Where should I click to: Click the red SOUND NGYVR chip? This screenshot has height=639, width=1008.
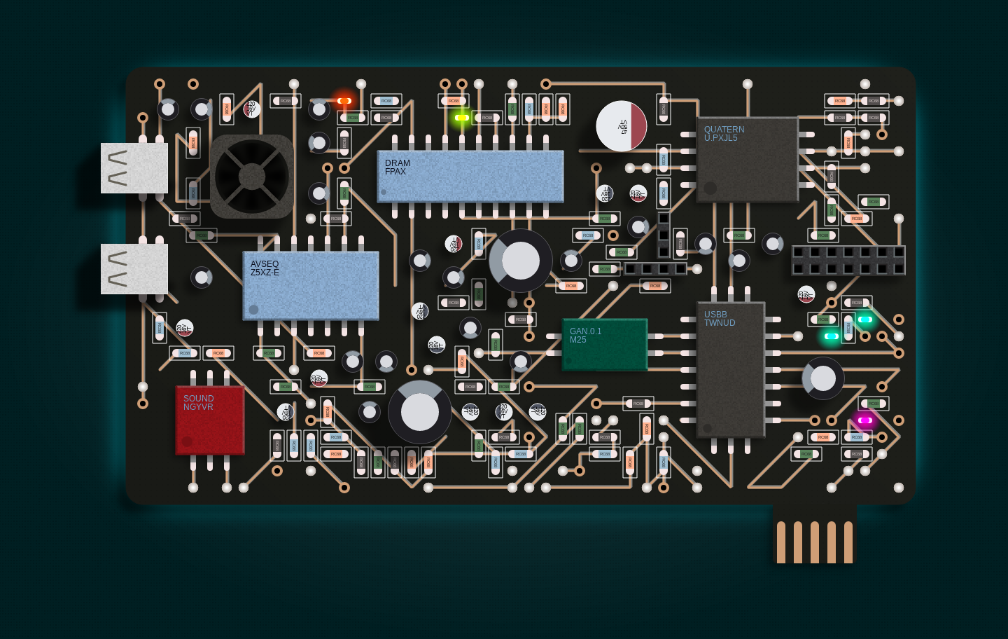(x=209, y=420)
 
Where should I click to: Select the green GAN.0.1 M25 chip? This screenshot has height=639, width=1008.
(x=605, y=344)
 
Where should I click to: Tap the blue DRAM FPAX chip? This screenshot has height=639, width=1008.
(x=470, y=176)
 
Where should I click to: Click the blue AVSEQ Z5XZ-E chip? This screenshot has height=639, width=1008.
(x=311, y=285)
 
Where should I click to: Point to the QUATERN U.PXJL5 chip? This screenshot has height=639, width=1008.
(x=748, y=160)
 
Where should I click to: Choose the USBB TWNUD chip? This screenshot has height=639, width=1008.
(x=731, y=369)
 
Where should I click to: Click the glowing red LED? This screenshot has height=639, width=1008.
(x=344, y=101)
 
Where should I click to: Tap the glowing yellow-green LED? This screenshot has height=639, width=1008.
(x=462, y=118)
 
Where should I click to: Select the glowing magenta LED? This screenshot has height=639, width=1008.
(x=865, y=420)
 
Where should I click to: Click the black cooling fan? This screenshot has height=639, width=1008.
(x=252, y=177)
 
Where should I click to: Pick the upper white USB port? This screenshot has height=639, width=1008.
(x=134, y=168)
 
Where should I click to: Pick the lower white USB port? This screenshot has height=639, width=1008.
(x=134, y=269)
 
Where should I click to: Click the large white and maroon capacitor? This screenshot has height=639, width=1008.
(x=622, y=126)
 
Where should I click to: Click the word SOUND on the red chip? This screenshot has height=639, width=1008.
(x=199, y=398)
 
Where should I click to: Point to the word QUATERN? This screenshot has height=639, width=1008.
(x=724, y=130)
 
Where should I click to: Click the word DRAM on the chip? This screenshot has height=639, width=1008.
(x=397, y=163)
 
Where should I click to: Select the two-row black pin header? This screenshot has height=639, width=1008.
(x=848, y=261)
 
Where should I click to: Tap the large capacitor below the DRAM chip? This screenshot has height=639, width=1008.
(x=521, y=261)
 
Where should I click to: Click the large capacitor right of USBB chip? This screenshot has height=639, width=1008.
(x=823, y=378)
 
